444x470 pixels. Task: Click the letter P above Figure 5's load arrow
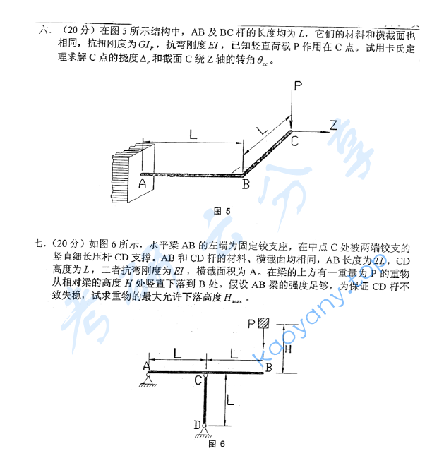coord(298,87)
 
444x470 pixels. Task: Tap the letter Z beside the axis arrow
coord(333,125)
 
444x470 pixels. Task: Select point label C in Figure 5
coord(294,140)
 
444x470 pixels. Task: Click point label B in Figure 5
coord(246,185)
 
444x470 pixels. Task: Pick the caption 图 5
coord(222,211)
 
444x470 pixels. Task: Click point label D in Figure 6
coord(196,425)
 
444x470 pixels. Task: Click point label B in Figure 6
coord(268,367)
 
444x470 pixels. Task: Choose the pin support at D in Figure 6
coord(205,430)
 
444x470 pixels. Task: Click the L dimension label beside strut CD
coord(230,400)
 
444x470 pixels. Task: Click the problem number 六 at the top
coord(45,30)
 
